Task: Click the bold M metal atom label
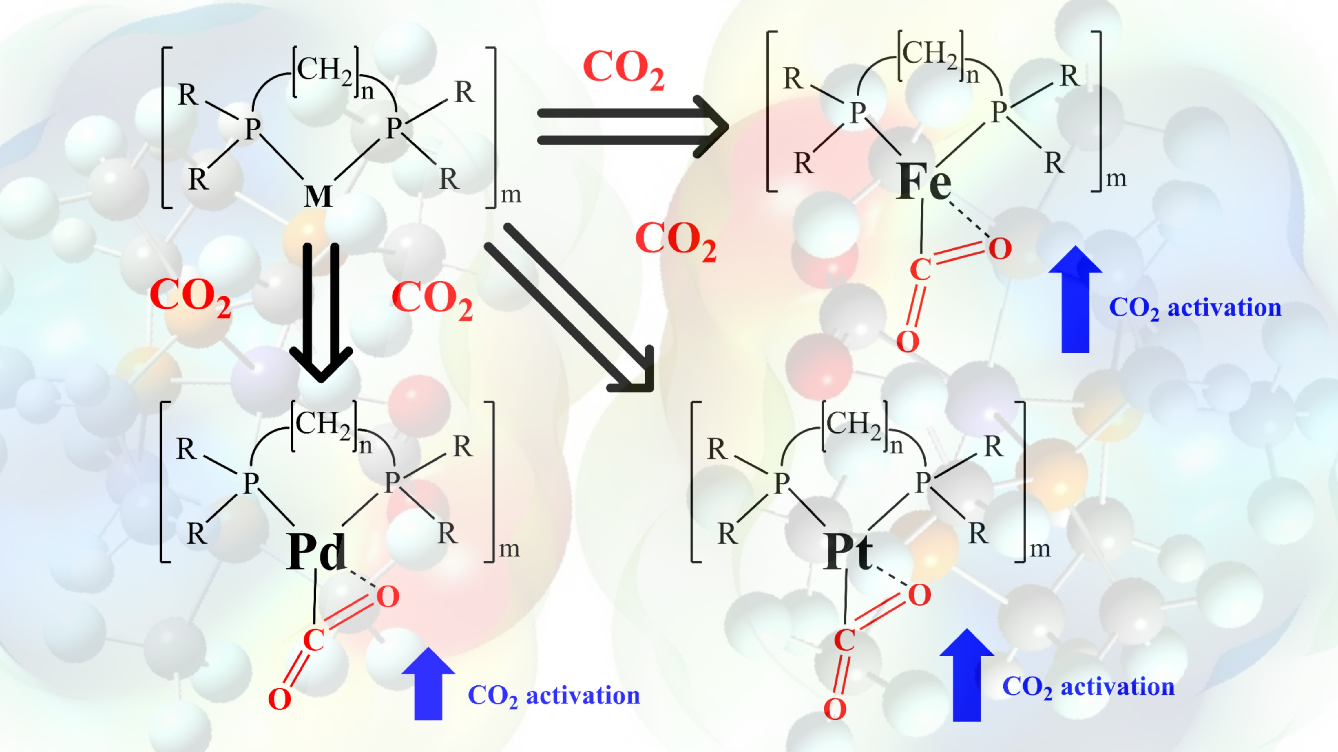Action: (318, 197)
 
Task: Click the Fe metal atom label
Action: (924, 182)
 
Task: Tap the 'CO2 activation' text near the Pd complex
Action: (554, 696)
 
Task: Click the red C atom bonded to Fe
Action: (920, 270)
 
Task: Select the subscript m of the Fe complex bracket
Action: (1116, 179)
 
